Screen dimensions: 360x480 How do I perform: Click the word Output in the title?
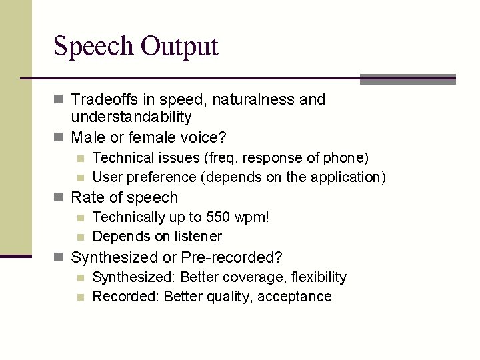tap(179, 47)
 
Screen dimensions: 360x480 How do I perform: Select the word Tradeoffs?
tap(105, 100)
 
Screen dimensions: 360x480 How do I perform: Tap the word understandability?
tap(131, 117)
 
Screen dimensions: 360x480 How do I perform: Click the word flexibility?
tap(314, 277)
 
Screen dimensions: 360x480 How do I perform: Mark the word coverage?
tap(243, 277)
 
